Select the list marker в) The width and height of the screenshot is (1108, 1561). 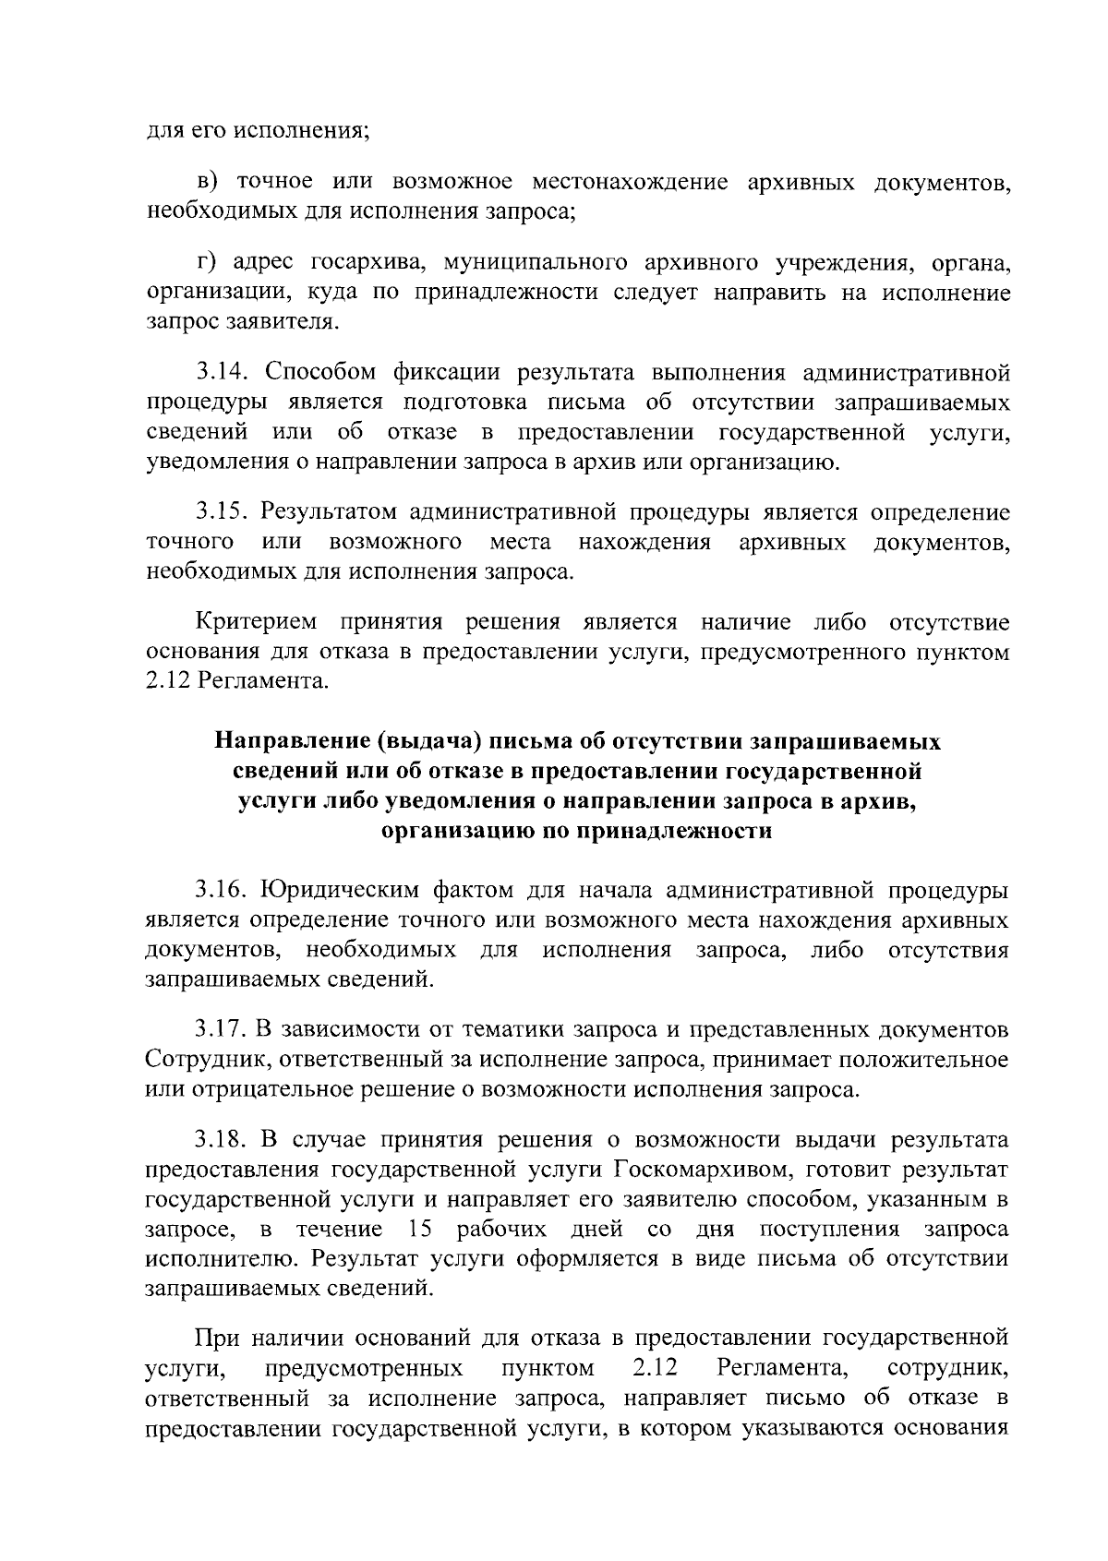pyautogui.click(x=209, y=182)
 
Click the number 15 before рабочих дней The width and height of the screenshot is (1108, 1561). pyautogui.click(x=416, y=1230)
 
